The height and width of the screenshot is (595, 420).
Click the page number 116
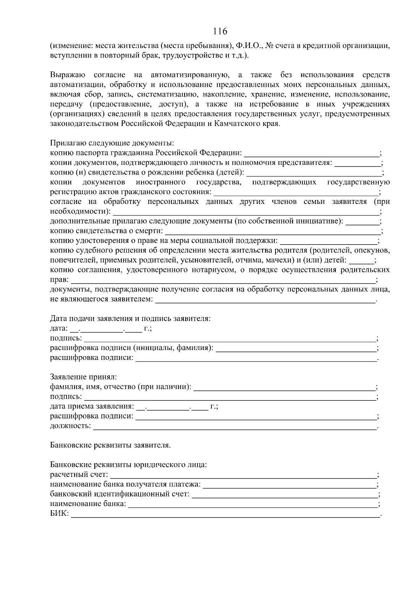tap(220, 31)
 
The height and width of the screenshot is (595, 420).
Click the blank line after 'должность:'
tap(234, 427)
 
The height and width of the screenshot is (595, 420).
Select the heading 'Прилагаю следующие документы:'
tap(112, 143)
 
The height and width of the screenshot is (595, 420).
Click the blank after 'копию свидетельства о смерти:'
tap(273, 232)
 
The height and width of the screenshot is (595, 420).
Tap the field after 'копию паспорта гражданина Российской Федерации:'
tap(311, 153)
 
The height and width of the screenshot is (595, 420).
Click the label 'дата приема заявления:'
tap(92, 406)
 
